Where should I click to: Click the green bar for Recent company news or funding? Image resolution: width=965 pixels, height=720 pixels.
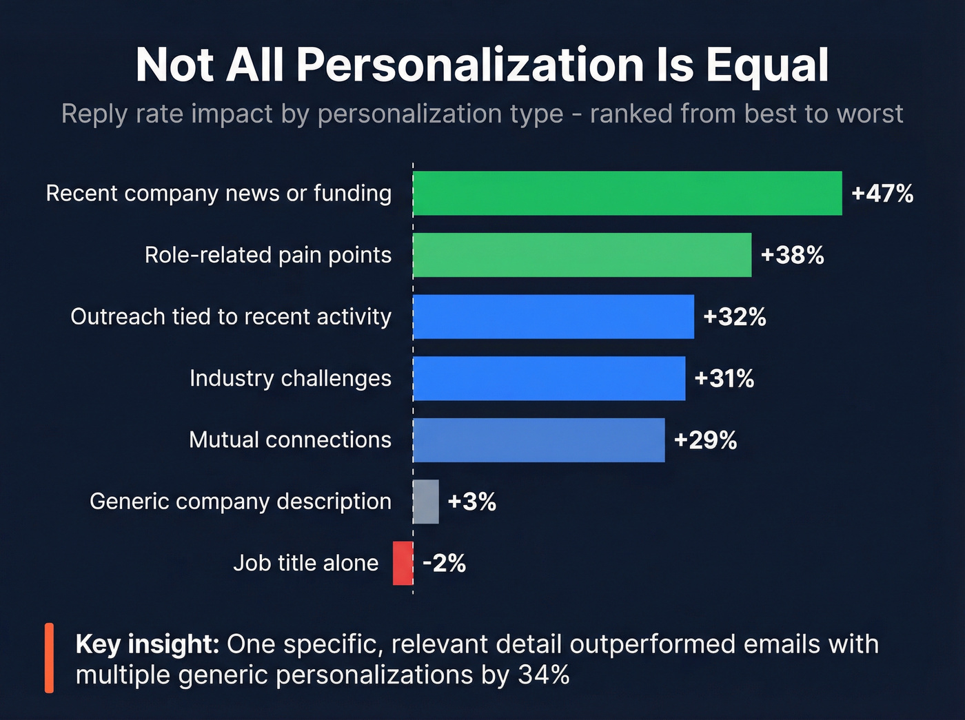click(627, 194)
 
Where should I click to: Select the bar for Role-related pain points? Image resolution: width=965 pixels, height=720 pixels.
click(582, 255)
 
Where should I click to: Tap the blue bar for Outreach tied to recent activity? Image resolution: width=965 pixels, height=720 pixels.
click(553, 317)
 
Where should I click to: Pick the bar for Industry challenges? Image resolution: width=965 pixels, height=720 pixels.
click(549, 378)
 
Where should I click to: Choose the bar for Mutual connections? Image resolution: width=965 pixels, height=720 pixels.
click(539, 440)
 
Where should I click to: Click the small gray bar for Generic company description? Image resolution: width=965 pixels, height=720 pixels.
click(426, 502)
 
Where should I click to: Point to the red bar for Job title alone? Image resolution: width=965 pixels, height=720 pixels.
click(403, 563)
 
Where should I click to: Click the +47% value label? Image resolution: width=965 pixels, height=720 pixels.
click(882, 194)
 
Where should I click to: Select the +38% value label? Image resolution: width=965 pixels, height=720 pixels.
click(792, 256)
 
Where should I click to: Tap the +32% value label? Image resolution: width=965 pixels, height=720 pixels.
click(734, 317)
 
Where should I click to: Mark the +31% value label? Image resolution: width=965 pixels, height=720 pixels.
click(724, 378)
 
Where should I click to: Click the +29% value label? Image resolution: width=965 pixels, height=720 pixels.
click(705, 440)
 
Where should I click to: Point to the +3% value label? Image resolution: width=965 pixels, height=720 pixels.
click(472, 502)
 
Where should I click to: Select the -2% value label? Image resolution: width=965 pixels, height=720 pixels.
click(445, 564)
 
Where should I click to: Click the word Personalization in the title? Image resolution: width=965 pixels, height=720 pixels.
click(470, 65)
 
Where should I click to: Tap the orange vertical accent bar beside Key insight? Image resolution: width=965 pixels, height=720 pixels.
click(49, 658)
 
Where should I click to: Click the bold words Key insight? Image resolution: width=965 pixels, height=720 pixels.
click(148, 644)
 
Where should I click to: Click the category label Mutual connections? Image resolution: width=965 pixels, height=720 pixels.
click(290, 440)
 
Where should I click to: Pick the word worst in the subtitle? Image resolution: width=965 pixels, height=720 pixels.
click(871, 114)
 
